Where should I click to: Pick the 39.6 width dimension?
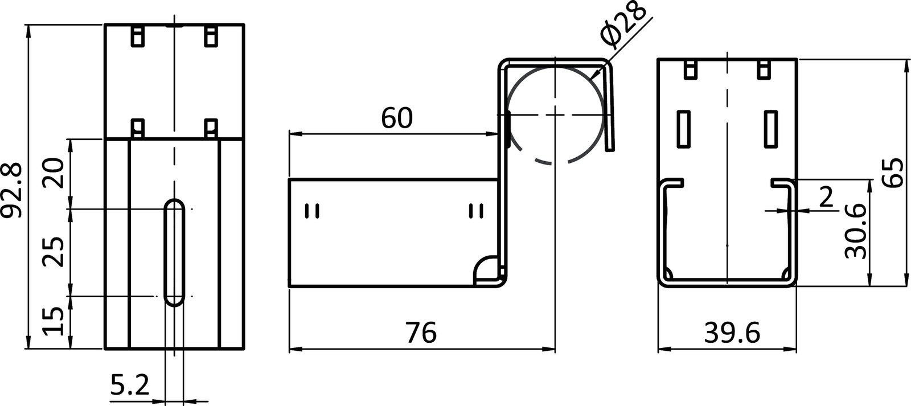point(732,334)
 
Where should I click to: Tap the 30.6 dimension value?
point(855,232)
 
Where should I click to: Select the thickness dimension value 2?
point(825,197)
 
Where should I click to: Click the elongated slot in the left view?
point(174,252)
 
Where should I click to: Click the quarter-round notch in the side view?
point(487,270)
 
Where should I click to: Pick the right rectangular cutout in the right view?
point(771,129)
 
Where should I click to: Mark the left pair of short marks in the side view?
point(312,211)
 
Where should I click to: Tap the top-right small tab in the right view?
point(762,69)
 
